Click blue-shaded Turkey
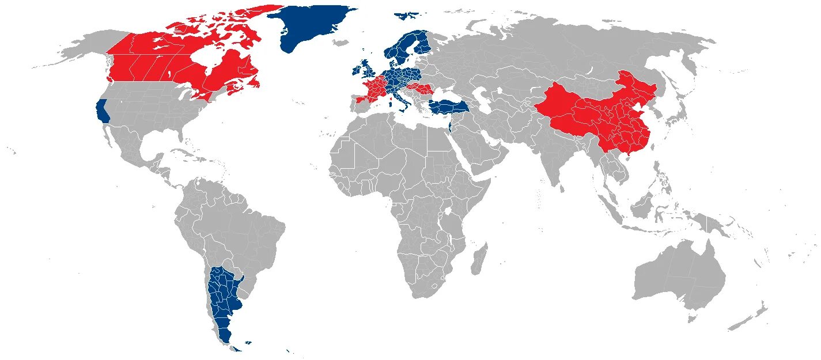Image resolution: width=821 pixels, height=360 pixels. point(447,105)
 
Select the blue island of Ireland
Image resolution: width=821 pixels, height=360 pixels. point(355,70)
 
